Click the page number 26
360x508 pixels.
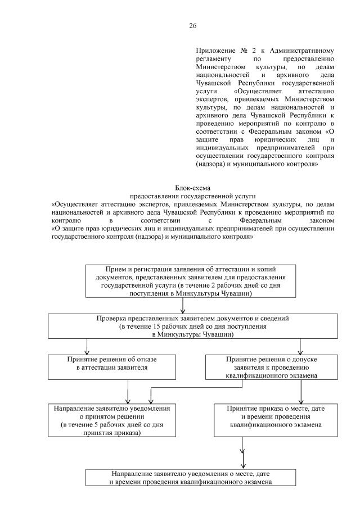point(192,26)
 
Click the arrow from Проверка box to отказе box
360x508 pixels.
point(87,346)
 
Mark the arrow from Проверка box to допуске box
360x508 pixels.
point(300,346)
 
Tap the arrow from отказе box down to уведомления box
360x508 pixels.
point(128,392)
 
